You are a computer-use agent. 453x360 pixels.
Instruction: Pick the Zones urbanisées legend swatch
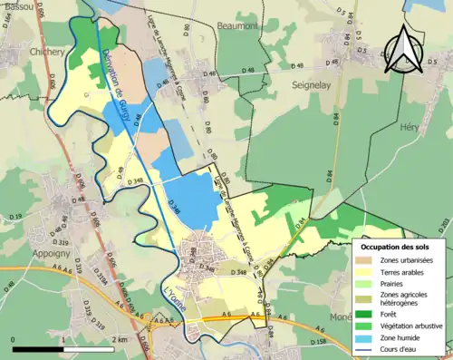pos(367,260)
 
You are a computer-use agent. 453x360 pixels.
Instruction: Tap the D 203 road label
pos(445,222)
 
